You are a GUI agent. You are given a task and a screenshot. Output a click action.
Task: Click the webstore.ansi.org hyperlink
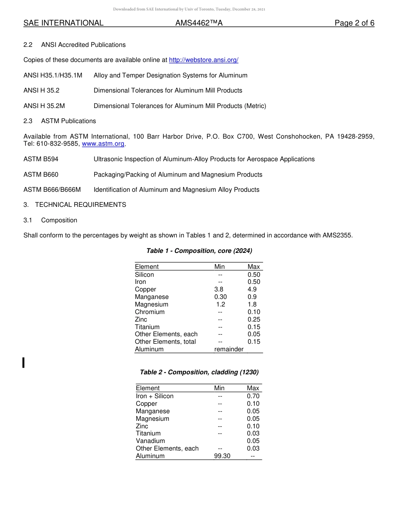click(204, 60)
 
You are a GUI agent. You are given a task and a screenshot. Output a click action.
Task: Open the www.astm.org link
click(103, 144)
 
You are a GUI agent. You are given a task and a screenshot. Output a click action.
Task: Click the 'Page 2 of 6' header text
click(354, 23)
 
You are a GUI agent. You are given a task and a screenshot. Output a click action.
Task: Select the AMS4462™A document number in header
click(199, 23)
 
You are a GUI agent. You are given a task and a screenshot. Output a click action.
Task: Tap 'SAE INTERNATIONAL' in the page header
click(63, 23)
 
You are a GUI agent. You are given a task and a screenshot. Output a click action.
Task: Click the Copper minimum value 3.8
click(219, 289)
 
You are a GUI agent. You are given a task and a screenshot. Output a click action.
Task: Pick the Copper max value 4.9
click(252, 289)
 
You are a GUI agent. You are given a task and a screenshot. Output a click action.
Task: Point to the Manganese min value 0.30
click(220, 297)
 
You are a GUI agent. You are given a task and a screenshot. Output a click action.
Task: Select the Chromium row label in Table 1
click(150, 312)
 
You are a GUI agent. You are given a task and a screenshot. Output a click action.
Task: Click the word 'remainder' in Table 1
click(229, 349)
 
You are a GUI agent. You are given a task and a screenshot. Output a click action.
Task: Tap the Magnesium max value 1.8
click(252, 304)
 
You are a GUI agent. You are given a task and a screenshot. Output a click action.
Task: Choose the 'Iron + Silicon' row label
click(155, 396)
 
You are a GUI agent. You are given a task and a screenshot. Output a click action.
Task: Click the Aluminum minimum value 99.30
click(222, 456)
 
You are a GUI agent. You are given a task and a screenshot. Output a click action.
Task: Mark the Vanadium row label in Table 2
click(150, 441)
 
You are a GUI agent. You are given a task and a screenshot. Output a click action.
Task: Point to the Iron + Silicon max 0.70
click(253, 396)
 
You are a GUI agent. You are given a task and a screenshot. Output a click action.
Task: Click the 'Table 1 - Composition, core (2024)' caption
click(199, 251)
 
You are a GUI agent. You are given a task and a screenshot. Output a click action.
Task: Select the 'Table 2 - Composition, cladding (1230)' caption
click(199, 372)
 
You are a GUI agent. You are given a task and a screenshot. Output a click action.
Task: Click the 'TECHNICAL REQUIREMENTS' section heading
click(80, 205)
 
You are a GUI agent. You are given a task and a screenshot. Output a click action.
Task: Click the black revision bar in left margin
click(23, 362)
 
